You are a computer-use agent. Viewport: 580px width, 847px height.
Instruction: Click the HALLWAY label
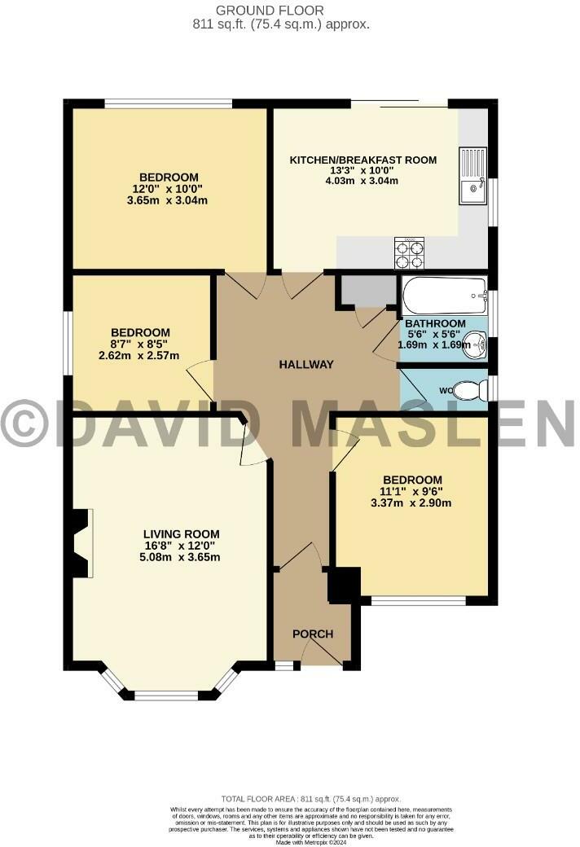(306, 365)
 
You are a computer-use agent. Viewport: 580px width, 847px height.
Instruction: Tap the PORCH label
(313, 634)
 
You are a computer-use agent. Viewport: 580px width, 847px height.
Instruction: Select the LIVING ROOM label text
(182, 534)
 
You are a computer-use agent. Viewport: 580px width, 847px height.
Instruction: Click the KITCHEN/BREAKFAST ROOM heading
(363, 160)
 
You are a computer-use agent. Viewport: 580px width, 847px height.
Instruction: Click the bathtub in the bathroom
(444, 296)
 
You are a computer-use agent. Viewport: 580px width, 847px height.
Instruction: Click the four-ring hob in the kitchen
(409, 252)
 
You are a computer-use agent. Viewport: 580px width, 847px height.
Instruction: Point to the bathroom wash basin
(480, 346)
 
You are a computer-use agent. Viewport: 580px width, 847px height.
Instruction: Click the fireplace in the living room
(81, 544)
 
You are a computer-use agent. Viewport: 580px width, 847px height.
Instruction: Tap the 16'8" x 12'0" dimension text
(182, 546)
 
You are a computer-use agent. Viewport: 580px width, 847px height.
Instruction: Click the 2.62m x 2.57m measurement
(140, 355)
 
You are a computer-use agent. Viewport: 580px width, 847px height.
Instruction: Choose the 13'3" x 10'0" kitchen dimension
(363, 170)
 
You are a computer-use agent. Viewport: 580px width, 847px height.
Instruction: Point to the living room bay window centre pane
(167, 696)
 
